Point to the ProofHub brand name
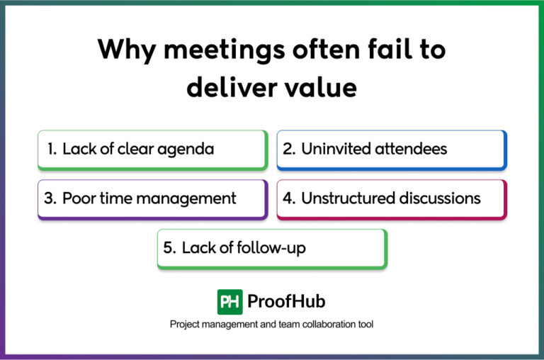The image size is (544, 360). (286, 302)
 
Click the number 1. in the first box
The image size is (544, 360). (52, 149)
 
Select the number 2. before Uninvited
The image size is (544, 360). (289, 149)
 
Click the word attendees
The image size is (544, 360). (414, 149)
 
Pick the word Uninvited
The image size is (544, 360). (336, 149)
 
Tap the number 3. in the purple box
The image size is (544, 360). (50, 198)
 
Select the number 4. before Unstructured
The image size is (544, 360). (289, 198)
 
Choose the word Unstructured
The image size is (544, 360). (348, 198)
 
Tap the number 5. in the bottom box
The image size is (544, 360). (169, 248)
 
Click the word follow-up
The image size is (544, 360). (275, 249)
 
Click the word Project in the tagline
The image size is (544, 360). (184, 324)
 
